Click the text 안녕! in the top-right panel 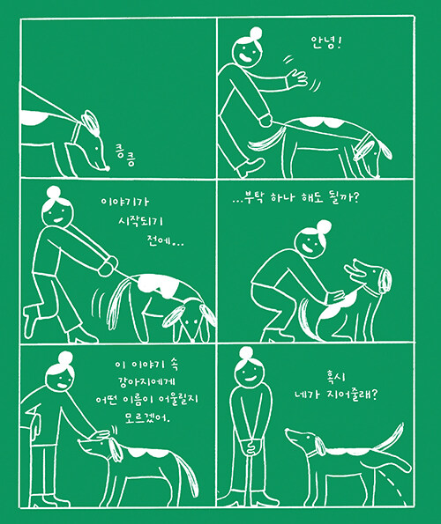click(325, 43)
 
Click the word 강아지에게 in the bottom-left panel click(147, 381)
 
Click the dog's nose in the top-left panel click(107, 167)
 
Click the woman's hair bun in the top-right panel click(256, 33)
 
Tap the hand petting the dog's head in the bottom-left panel click(101, 435)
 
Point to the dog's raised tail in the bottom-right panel click(392, 435)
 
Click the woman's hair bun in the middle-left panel click(54, 193)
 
